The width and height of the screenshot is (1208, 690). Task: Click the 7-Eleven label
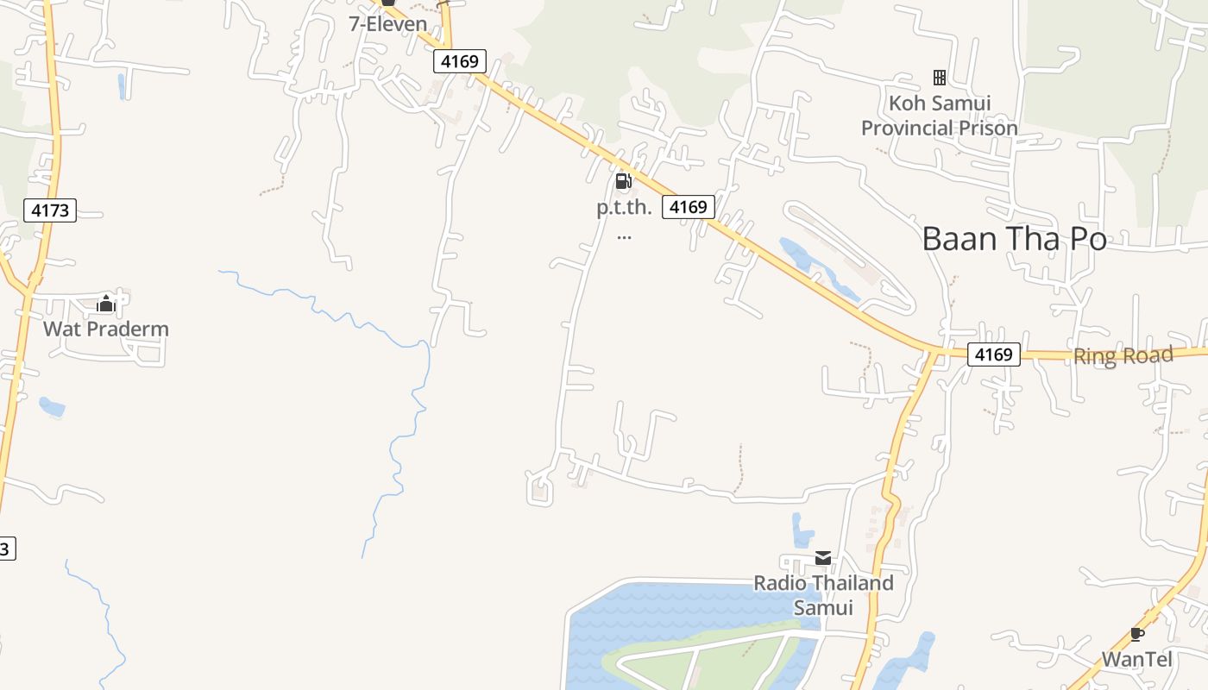point(388,24)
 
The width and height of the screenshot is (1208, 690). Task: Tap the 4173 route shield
point(51,210)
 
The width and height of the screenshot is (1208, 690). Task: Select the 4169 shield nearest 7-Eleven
point(460,61)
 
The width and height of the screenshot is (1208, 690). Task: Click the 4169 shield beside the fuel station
point(689,207)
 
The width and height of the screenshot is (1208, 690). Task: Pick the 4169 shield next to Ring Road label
point(993,354)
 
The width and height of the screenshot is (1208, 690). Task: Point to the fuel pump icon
point(623,181)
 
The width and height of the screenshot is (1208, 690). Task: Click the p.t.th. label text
point(624,209)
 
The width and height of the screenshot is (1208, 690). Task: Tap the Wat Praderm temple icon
point(106,304)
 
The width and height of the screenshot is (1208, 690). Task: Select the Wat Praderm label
point(106,329)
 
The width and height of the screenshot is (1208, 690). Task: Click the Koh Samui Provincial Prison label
point(939,116)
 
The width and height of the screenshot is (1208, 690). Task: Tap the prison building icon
point(940,78)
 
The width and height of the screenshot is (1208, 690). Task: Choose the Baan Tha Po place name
point(1014,239)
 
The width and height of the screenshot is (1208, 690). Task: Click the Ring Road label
point(1123,355)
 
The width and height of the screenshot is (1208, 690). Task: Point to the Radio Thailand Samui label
point(823,595)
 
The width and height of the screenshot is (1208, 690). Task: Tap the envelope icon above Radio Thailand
point(823,558)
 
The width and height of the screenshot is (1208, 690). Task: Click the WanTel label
point(1136,660)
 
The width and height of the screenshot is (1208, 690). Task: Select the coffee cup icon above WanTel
point(1137,635)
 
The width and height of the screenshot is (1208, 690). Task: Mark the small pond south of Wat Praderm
point(51,406)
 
